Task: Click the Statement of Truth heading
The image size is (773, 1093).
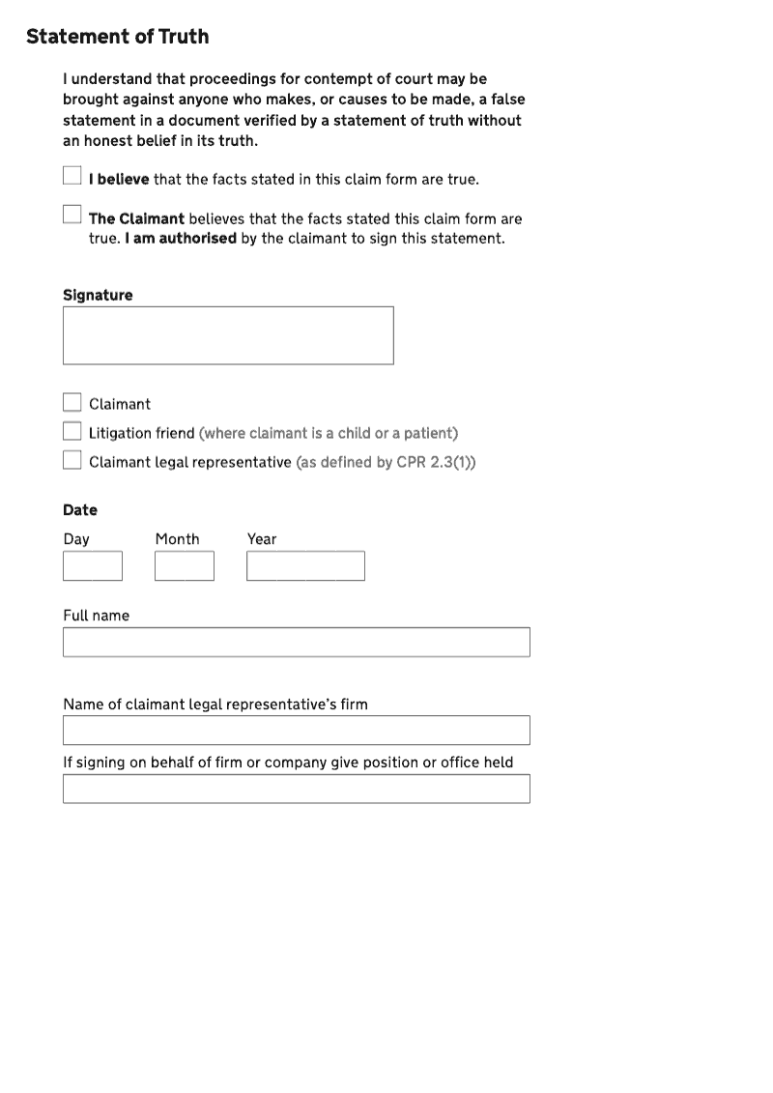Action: (117, 37)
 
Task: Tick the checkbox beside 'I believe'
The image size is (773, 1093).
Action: (72, 175)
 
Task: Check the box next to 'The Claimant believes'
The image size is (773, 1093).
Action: (72, 214)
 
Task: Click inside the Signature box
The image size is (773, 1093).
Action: (228, 335)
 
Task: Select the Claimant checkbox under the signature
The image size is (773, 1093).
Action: (72, 402)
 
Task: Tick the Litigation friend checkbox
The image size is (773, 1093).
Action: (72, 431)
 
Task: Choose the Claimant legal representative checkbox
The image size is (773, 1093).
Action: (72, 460)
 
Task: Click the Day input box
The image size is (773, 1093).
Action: (93, 565)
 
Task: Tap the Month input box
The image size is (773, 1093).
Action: (185, 565)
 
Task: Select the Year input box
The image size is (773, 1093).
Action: (305, 565)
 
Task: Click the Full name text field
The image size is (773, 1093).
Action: (297, 642)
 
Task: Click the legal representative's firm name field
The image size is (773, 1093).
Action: (297, 730)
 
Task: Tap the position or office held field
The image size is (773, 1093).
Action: (297, 789)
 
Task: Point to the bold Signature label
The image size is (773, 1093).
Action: (98, 295)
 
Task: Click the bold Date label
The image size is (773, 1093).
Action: (80, 509)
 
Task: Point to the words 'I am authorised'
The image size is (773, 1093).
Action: (180, 238)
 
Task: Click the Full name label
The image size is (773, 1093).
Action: (96, 616)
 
